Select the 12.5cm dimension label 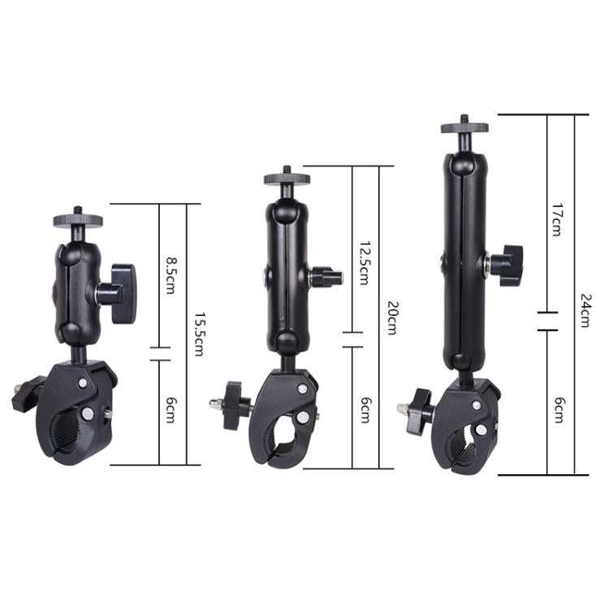pos(363,262)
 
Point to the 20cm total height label pos(391,318)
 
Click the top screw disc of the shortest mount pos(79,219)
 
